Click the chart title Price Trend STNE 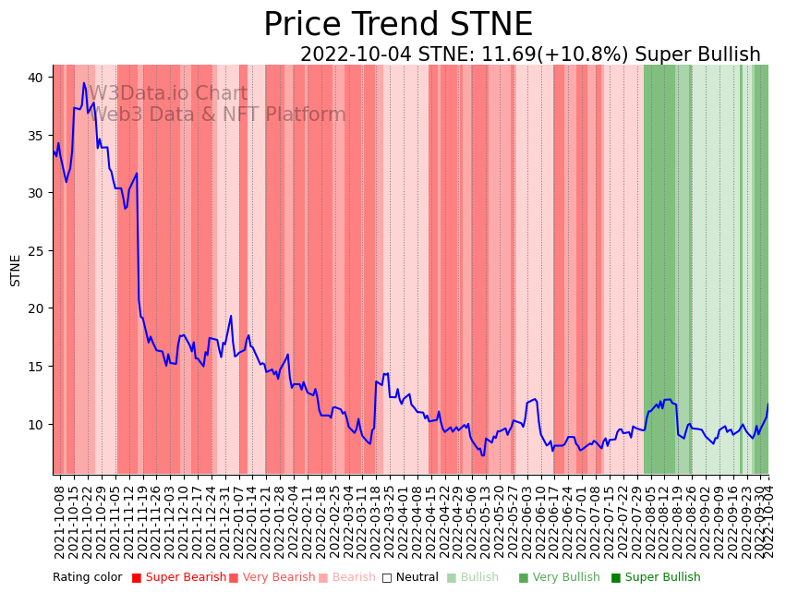(x=398, y=25)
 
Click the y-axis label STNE (x=16, y=270)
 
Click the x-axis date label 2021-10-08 (x=59, y=518)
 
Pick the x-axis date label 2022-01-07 (x=239, y=518)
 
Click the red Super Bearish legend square (x=137, y=578)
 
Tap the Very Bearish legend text (x=279, y=578)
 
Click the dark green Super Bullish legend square (x=616, y=578)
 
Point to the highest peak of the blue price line (x=84, y=83)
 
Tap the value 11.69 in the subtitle (x=498, y=55)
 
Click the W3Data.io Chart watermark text (x=167, y=94)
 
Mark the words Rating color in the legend (x=87, y=578)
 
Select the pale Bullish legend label (x=479, y=578)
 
